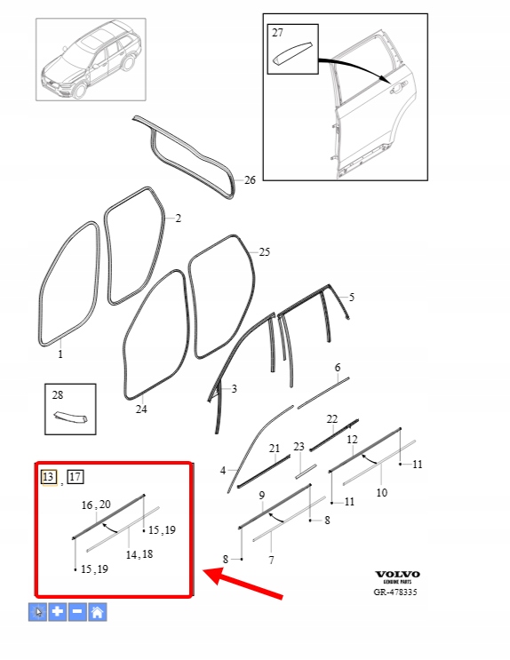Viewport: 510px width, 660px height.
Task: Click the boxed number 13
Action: pos(49,477)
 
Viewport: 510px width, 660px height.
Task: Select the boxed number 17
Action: pos(76,477)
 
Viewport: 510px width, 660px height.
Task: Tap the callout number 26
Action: pos(250,180)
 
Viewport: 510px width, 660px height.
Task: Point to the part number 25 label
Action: pos(264,252)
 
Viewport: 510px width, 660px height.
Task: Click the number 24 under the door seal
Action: pos(141,410)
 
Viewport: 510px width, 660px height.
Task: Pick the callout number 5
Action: pos(352,298)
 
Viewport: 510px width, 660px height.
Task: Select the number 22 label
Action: pos(332,419)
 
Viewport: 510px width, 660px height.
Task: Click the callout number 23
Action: pos(299,447)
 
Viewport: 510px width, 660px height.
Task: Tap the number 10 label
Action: pos(381,492)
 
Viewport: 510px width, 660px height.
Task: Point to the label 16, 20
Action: pos(96,505)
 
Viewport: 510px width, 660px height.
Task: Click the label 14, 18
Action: pos(139,554)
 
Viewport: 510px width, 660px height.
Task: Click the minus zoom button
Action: pos(77,612)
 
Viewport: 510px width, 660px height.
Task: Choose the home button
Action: pos(97,612)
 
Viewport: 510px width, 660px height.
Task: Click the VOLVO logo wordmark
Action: pos(397,574)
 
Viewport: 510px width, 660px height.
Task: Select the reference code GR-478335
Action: pos(395,592)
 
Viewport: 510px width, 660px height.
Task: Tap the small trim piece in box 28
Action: pos(71,417)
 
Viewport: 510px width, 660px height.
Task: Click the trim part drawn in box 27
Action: pos(293,53)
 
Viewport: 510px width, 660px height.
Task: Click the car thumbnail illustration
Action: pos(91,60)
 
